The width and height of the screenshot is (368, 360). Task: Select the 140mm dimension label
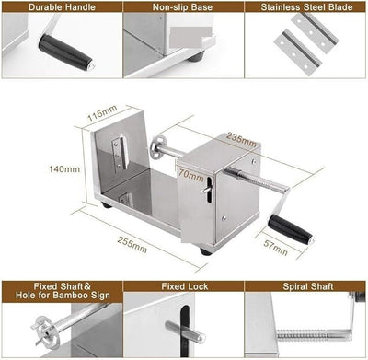click(59, 169)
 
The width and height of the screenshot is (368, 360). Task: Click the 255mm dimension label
click(132, 247)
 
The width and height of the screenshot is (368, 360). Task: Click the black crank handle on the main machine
click(291, 228)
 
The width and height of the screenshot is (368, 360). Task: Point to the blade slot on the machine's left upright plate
click(118, 153)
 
